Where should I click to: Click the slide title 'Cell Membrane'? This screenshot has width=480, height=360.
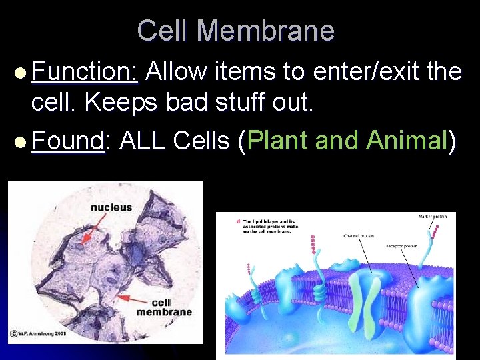pos(235,31)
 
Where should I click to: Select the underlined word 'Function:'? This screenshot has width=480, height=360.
pos(84,71)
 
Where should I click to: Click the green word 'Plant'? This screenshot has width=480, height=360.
pos(278,141)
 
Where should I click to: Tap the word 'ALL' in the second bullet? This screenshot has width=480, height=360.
pos(143,141)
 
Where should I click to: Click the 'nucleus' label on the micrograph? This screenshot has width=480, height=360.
pos(111,207)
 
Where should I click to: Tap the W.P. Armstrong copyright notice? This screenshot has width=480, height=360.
pos(39,333)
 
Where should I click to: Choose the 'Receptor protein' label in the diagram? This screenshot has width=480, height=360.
pos(402,247)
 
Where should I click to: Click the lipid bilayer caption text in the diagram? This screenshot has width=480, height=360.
pos(270,226)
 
